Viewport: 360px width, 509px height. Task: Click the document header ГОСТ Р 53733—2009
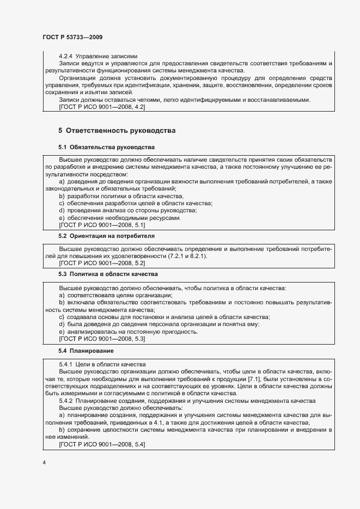72,37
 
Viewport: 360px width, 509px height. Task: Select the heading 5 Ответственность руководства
117,131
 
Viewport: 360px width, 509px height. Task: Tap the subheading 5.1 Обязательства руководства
106,148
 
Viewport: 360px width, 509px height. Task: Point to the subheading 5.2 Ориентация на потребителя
106,236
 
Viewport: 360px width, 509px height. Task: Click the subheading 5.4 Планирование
86,351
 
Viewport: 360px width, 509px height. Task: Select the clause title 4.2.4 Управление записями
97,56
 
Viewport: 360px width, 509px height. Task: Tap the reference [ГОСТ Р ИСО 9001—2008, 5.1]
101,225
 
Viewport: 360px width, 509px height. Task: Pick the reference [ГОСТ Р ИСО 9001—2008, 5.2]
101,262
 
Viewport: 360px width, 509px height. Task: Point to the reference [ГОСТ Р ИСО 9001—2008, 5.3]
101,339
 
